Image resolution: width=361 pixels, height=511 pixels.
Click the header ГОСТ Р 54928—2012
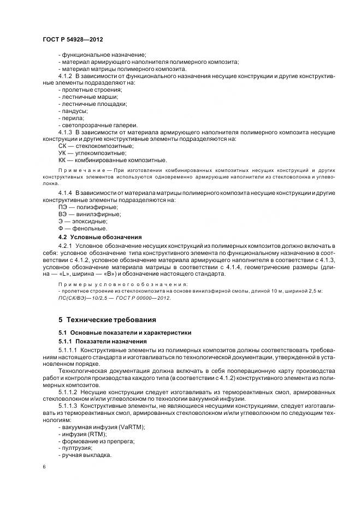click(x=73, y=40)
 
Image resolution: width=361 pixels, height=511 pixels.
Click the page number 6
click(x=44, y=467)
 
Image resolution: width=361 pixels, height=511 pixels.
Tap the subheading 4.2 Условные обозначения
click(x=99, y=237)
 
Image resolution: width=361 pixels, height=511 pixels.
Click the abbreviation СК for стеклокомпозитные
click(x=62, y=146)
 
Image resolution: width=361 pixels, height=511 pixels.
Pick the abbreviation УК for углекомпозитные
click(x=62, y=153)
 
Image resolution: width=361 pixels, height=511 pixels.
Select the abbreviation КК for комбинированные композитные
click(x=62, y=160)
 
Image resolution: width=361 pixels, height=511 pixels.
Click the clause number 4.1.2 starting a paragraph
click(x=65, y=75)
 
